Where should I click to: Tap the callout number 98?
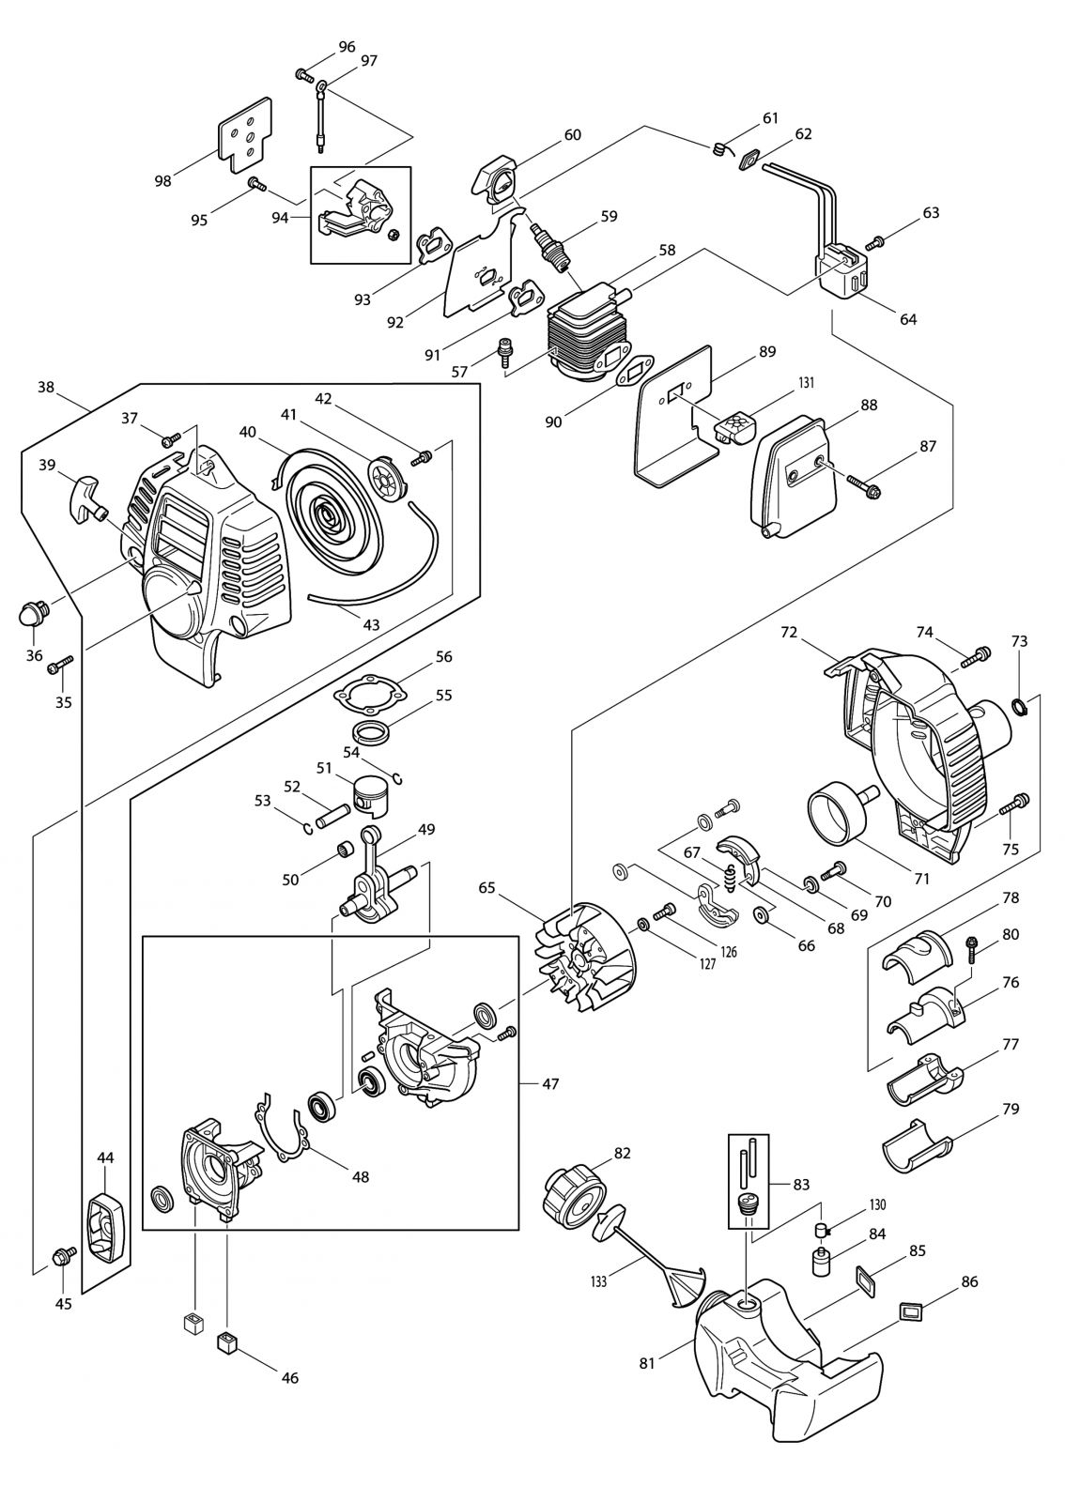click(x=163, y=181)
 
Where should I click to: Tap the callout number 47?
click(x=550, y=1083)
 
